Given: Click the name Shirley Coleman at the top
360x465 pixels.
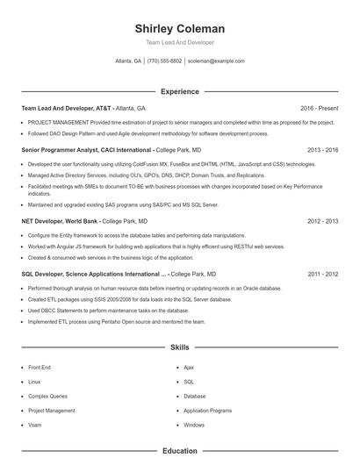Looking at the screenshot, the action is coord(180,28).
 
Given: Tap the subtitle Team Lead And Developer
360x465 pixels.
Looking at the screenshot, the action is coord(180,42).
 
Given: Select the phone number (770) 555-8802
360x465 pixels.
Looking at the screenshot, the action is coord(164,61).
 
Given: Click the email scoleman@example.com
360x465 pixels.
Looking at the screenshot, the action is coord(216,61).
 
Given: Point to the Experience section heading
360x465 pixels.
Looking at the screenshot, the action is coord(180,91).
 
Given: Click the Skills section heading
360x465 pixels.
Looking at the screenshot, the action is coord(180,347).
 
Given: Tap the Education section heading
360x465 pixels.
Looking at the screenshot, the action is coord(180,451).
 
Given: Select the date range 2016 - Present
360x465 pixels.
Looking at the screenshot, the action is coord(319,109).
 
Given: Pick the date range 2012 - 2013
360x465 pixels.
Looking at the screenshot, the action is coord(322,222).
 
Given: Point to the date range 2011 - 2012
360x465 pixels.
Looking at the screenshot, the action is coord(322,274).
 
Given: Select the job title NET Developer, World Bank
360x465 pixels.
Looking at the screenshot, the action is coord(60,222).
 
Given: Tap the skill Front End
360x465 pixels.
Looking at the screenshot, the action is coord(40,368).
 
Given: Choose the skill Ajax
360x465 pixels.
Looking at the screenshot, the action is coord(189,368).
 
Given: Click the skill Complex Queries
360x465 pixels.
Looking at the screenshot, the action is coord(47,396).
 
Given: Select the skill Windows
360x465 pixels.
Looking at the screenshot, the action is coord(194,425).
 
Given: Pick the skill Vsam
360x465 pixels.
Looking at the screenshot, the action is coord(35,425).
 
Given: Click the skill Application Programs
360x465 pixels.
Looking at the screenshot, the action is coord(207,411).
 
